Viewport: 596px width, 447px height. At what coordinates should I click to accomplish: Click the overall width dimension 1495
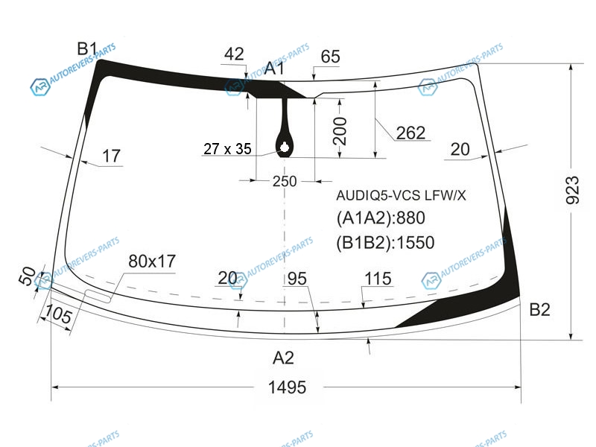point(287,387)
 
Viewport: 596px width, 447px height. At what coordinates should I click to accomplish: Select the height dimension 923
point(572,191)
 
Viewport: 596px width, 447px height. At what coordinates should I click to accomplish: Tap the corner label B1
point(87,48)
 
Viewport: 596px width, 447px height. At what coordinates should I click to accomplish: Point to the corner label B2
point(539,310)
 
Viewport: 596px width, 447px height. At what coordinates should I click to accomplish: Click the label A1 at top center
point(274,69)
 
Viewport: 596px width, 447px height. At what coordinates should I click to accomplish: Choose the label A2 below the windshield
point(283,358)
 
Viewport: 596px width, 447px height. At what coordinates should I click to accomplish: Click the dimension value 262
point(410,133)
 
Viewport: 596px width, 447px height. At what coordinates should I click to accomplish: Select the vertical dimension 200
point(340,131)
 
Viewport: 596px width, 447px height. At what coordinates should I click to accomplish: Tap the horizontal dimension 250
point(285,181)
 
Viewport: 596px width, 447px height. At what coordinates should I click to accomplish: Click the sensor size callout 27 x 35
point(227,148)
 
